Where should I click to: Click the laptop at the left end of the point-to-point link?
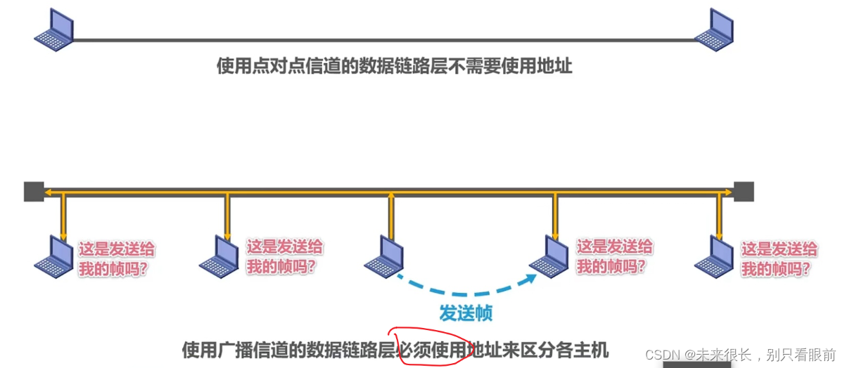click(55, 30)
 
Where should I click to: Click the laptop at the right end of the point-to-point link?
click(715, 30)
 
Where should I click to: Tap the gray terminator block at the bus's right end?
click(744, 191)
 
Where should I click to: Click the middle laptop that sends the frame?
click(383, 254)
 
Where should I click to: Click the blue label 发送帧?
click(466, 313)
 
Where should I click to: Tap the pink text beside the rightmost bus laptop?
click(779, 258)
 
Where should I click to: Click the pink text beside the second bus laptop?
click(284, 256)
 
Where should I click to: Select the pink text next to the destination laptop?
click(614, 256)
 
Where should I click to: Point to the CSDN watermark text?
click(740, 354)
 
